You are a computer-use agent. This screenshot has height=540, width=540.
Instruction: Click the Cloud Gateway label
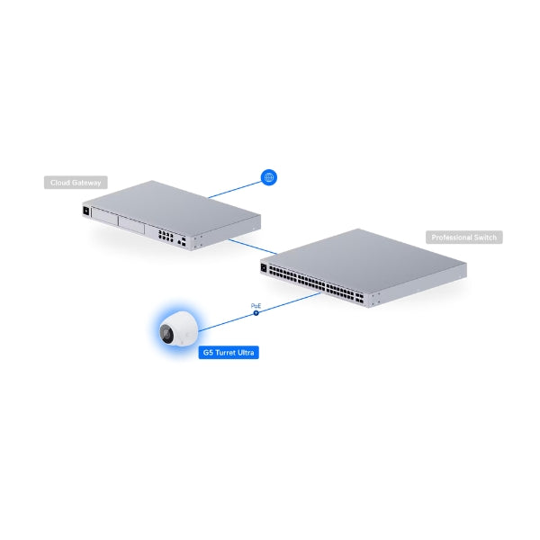tap(75, 183)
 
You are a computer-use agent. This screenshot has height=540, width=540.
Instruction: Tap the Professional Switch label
tap(463, 238)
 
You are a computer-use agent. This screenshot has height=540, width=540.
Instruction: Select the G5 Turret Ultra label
tap(229, 353)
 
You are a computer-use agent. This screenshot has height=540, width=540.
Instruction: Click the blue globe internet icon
tap(267, 177)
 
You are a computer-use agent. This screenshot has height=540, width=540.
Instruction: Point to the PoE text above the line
tap(256, 305)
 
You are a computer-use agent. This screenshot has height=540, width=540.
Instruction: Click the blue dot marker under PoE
tap(256, 312)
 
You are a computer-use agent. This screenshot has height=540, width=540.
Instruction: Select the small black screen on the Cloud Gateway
tap(86, 212)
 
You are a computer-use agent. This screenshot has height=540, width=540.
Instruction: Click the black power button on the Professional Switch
tap(264, 267)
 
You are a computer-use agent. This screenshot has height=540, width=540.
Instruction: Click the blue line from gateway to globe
tap(234, 188)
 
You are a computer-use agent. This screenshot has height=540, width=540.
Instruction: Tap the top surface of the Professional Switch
tap(369, 252)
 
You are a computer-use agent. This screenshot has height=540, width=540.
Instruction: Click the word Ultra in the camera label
tap(245, 353)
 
